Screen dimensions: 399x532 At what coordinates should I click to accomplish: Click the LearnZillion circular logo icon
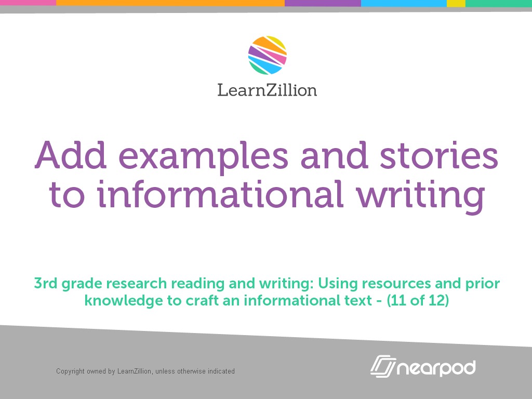(268, 56)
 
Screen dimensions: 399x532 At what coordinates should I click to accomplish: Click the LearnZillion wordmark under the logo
(267, 89)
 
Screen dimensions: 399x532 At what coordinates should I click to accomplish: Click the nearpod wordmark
(436, 368)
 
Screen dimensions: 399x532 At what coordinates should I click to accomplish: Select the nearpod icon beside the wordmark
(383, 366)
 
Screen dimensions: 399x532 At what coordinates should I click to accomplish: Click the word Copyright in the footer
(70, 371)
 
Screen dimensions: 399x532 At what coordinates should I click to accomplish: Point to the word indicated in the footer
(221, 371)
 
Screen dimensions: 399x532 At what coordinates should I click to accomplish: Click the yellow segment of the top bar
(456, 3)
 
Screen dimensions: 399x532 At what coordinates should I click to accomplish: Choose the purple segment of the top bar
(323, 3)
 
